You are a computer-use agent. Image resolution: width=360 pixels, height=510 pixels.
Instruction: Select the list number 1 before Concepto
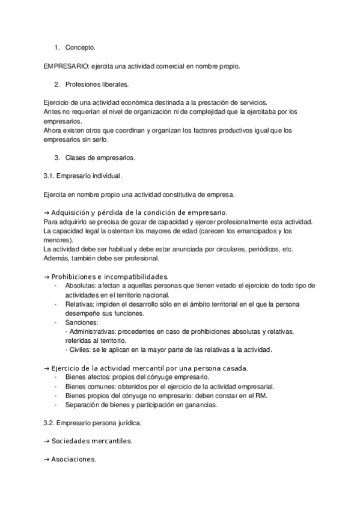56,47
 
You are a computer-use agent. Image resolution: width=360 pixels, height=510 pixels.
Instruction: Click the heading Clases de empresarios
100,158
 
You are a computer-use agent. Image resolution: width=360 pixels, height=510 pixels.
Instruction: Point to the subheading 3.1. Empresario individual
82,176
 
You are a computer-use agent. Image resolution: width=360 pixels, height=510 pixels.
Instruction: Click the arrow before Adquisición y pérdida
47,213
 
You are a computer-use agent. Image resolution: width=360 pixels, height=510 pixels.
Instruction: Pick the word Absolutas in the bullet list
79,285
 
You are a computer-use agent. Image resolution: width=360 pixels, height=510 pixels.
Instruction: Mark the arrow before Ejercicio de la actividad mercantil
47,367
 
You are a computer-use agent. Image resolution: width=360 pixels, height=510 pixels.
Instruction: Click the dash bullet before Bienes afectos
56,377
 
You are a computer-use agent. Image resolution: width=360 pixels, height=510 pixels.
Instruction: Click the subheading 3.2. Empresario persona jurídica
93,423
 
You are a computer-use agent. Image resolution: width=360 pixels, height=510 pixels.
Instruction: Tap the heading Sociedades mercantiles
91,441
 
